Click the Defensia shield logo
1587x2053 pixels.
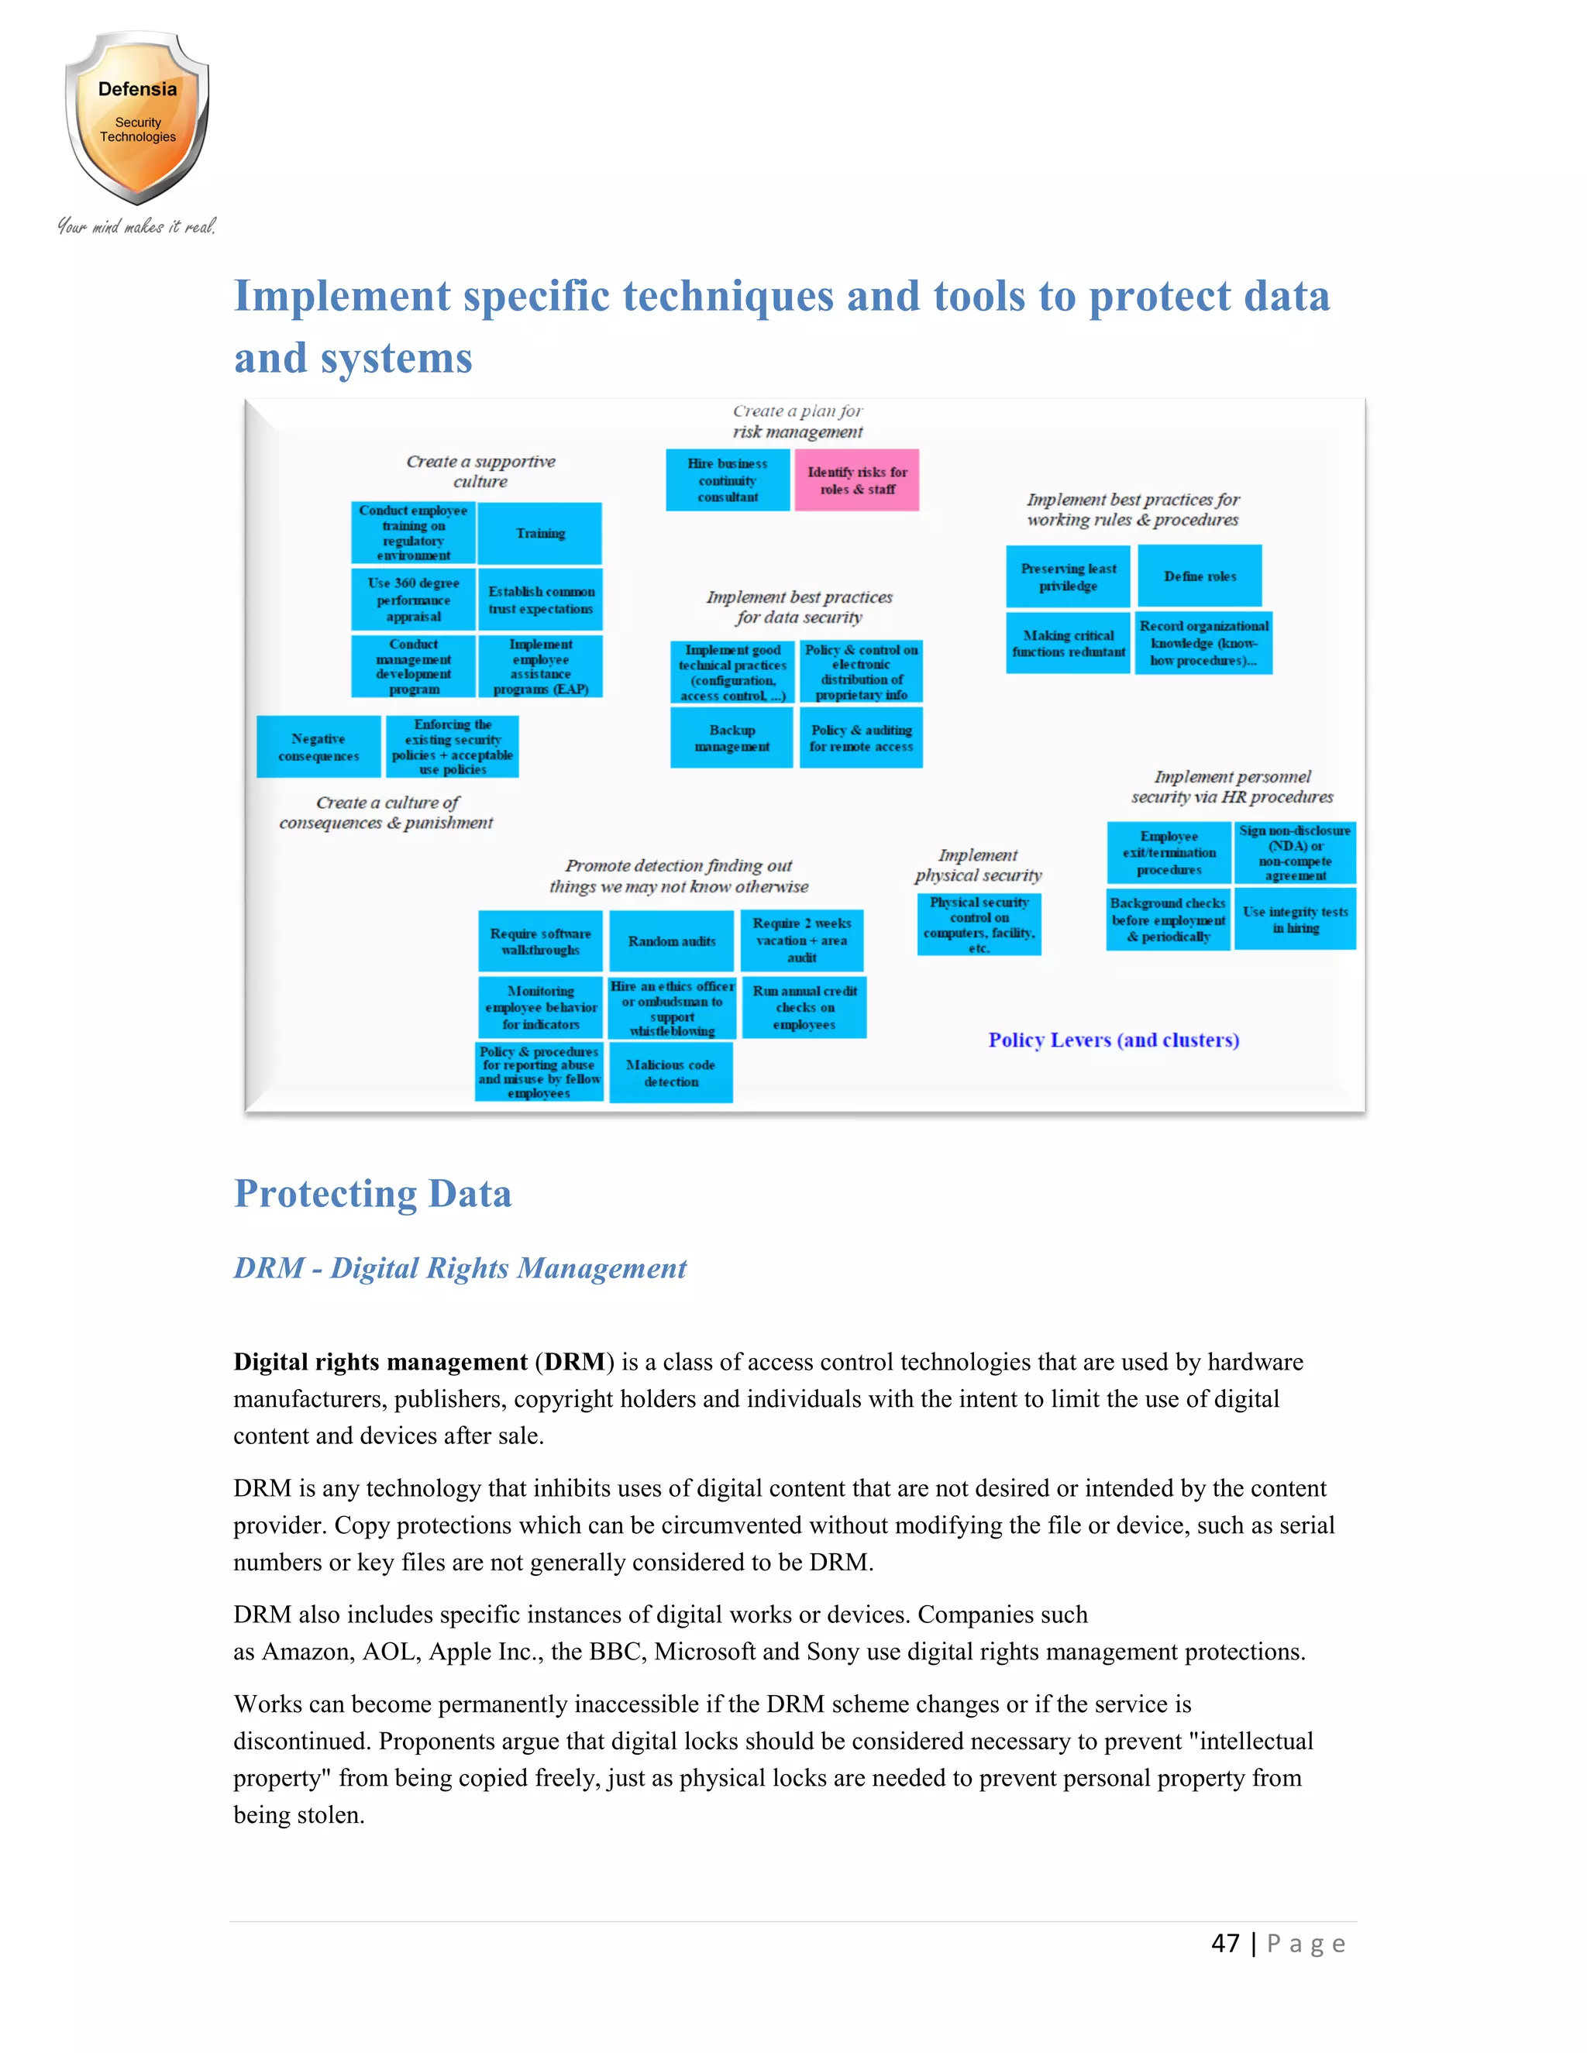pyautogui.click(x=137, y=118)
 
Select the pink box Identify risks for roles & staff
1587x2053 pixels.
pyautogui.click(x=856, y=480)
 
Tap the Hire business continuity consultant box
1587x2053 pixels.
pyautogui.click(x=728, y=480)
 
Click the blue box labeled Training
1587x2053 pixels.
pyautogui.click(x=539, y=533)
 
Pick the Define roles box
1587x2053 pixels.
pyautogui.click(x=1200, y=576)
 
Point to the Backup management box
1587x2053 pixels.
pyautogui.click(x=732, y=738)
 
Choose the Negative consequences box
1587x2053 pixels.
pyautogui.click(x=318, y=748)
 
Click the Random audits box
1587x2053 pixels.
pyautogui.click(x=671, y=941)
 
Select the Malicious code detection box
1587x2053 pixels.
pyautogui.click(x=670, y=1072)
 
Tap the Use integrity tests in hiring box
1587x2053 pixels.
pyautogui.click(x=1295, y=920)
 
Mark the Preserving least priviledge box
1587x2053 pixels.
pyautogui.click(x=1068, y=577)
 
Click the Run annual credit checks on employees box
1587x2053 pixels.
pyautogui.click(x=804, y=1007)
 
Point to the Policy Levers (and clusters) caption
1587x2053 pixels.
pyautogui.click(x=1114, y=1040)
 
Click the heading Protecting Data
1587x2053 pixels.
pyautogui.click(x=374, y=1194)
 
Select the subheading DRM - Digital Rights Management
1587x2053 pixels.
pyautogui.click(x=460, y=1268)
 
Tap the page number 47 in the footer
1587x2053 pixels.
pyautogui.click(x=1225, y=1943)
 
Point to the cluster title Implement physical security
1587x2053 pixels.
pyautogui.click(x=978, y=865)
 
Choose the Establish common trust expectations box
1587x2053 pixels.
pyautogui.click(x=541, y=600)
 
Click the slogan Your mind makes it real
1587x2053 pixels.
pyautogui.click(x=137, y=226)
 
